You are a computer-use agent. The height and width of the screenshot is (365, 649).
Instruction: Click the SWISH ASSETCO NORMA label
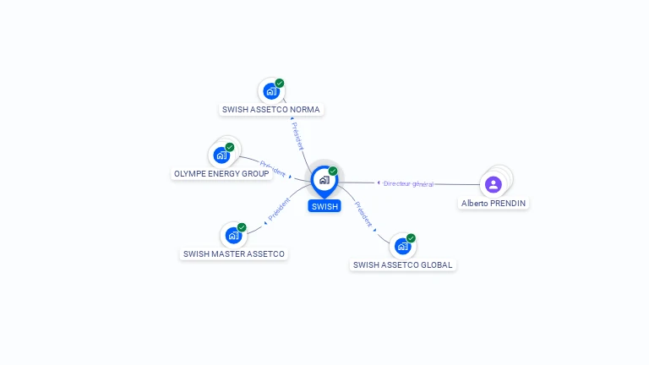[271, 110]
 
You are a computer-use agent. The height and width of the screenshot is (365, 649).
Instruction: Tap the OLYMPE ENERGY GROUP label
[221, 174]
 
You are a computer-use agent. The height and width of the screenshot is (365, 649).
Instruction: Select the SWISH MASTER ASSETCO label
[234, 254]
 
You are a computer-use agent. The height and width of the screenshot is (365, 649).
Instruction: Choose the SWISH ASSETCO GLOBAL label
[403, 265]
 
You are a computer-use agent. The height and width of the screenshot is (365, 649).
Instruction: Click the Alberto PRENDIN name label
[494, 204]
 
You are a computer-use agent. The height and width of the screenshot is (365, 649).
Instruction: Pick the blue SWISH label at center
[324, 206]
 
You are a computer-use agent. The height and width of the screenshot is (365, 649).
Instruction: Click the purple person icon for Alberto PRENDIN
[494, 184]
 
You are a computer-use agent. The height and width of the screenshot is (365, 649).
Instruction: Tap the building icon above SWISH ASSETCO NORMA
[271, 91]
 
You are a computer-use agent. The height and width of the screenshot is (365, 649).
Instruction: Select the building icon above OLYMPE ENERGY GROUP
[221, 155]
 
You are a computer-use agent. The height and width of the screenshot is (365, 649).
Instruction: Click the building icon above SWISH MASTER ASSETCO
[233, 236]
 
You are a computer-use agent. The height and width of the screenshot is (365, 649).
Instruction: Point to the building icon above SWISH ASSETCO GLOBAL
[403, 247]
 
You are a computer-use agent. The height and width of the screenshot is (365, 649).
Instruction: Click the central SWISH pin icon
[324, 182]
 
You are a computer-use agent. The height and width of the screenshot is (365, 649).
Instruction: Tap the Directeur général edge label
[408, 183]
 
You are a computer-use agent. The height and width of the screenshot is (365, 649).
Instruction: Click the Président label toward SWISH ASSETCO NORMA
[297, 136]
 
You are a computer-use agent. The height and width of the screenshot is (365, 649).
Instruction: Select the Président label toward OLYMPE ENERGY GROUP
[273, 169]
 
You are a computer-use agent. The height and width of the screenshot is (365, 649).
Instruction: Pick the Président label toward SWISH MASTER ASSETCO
[279, 210]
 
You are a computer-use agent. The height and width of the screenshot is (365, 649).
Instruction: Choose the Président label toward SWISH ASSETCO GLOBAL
[363, 214]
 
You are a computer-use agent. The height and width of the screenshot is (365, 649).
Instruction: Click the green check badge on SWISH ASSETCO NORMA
[280, 83]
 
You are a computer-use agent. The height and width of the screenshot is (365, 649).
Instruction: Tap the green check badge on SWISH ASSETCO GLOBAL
[411, 238]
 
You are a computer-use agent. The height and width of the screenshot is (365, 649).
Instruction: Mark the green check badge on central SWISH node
[333, 171]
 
